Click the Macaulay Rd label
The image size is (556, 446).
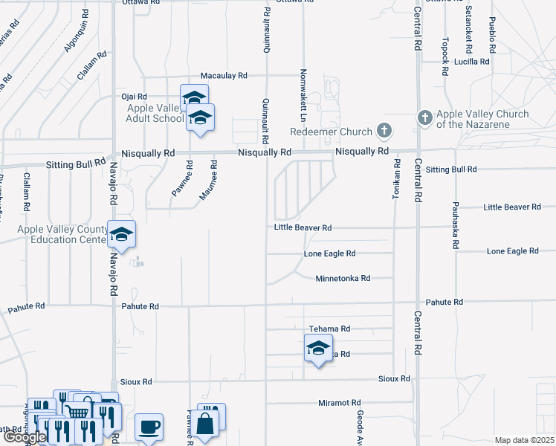point(224,76)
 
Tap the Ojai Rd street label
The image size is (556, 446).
point(135,97)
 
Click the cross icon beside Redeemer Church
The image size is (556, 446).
point(384,132)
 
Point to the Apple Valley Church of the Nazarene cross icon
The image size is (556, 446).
point(424,117)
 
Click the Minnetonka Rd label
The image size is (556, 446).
point(343,278)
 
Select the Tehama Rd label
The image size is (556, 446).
point(329,329)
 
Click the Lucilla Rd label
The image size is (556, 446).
point(472,62)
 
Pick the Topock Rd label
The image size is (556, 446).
point(445,56)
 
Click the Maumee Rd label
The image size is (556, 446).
point(213,184)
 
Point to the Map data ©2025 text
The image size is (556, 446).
point(523,440)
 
